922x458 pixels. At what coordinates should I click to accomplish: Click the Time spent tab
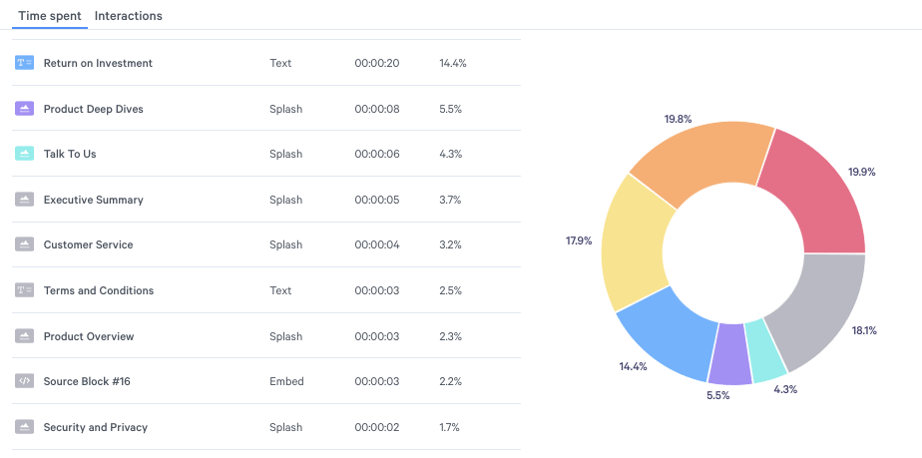click(50, 16)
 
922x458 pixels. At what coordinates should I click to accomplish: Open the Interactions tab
click(128, 16)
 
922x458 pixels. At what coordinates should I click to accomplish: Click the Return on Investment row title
click(98, 63)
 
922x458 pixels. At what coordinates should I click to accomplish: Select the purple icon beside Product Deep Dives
click(25, 109)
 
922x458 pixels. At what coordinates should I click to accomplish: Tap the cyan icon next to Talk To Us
click(25, 154)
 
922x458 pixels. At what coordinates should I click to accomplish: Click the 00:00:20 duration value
click(376, 63)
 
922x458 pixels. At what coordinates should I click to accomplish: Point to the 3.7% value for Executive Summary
click(450, 200)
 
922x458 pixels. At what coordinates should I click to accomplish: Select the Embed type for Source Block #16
click(286, 381)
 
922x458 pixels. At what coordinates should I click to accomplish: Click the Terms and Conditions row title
click(99, 290)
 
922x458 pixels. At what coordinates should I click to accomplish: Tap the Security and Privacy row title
click(96, 427)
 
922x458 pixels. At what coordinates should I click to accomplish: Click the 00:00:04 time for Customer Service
click(376, 244)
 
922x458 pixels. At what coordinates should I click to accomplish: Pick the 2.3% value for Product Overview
click(450, 336)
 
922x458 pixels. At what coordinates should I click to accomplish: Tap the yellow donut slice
click(636, 249)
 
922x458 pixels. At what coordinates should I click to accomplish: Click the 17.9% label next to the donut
click(579, 239)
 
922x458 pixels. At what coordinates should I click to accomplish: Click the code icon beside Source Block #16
click(25, 381)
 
